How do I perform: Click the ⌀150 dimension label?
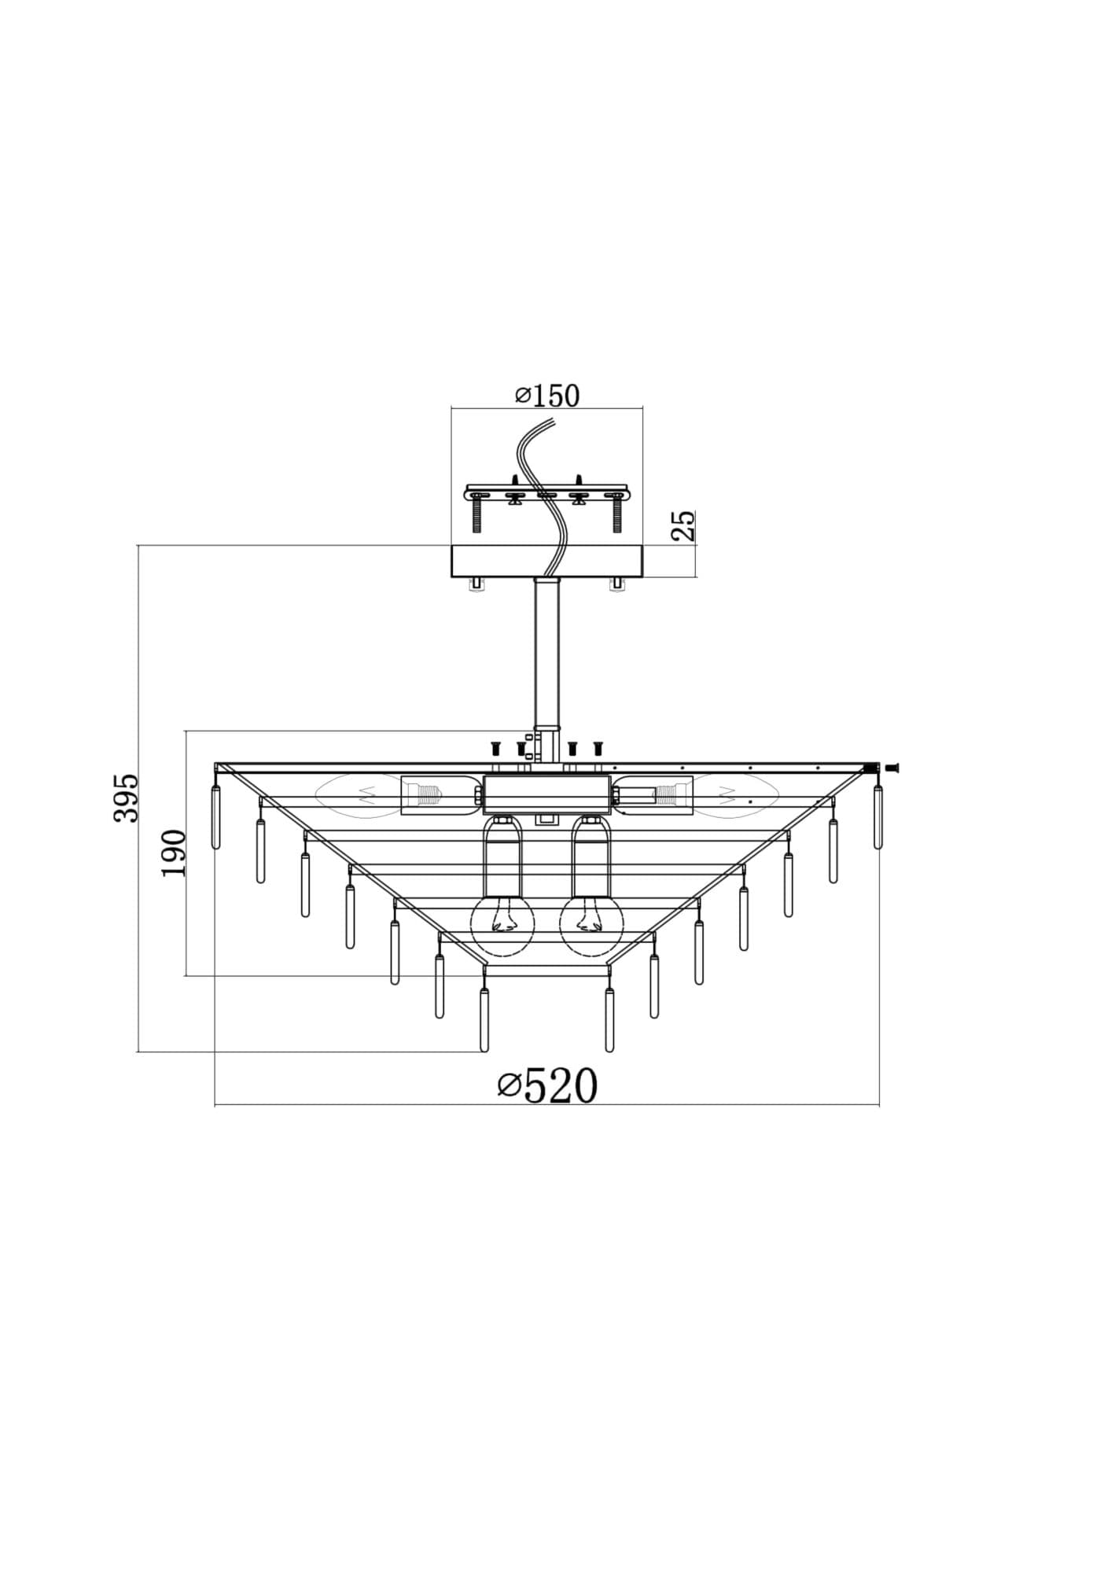[x=547, y=396]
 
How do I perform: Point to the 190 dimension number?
[x=174, y=853]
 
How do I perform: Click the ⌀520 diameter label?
[x=547, y=1086]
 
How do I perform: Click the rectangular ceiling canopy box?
[x=547, y=562]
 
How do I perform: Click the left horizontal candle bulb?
[x=358, y=795]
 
